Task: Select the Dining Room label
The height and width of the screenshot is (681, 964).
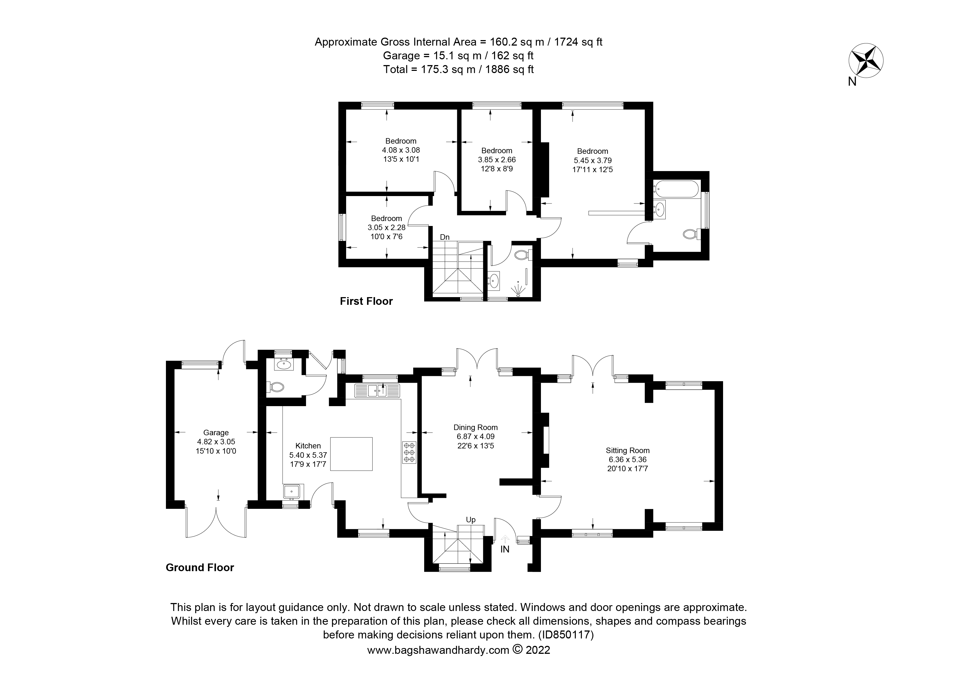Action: pos(475,427)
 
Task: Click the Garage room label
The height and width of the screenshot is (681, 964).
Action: pos(216,432)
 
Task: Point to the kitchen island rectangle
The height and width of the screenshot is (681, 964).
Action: pos(351,454)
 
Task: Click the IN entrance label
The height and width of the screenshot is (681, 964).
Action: pos(505,549)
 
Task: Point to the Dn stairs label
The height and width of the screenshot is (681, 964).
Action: pos(445,237)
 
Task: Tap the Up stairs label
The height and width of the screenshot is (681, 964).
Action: pos(471,520)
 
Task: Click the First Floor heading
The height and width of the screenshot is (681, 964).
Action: pos(366,301)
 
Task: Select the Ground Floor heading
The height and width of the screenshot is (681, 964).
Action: pos(200,567)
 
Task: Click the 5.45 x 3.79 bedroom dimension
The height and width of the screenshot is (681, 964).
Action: pos(592,160)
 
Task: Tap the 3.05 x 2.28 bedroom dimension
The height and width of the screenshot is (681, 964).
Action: pos(386,227)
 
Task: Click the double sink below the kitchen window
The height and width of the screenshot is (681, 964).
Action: pos(377,391)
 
